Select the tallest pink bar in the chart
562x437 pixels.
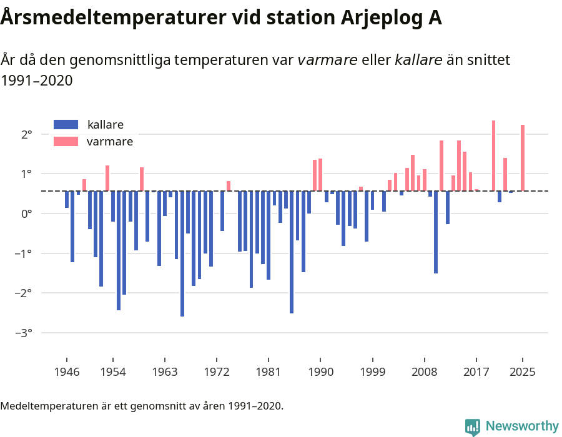(493, 155)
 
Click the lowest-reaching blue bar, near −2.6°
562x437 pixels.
(182, 253)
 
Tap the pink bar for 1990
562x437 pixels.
(320, 175)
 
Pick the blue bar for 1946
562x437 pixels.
(67, 199)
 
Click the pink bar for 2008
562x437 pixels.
(425, 180)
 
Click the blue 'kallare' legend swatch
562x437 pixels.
(66, 124)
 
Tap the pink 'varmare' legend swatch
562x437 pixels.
(66, 142)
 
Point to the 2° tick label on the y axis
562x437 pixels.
(27, 134)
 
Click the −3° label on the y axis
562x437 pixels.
(24, 333)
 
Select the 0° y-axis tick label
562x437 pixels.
(27, 214)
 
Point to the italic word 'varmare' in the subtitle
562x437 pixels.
(327, 60)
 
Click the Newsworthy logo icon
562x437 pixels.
(473, 426)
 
